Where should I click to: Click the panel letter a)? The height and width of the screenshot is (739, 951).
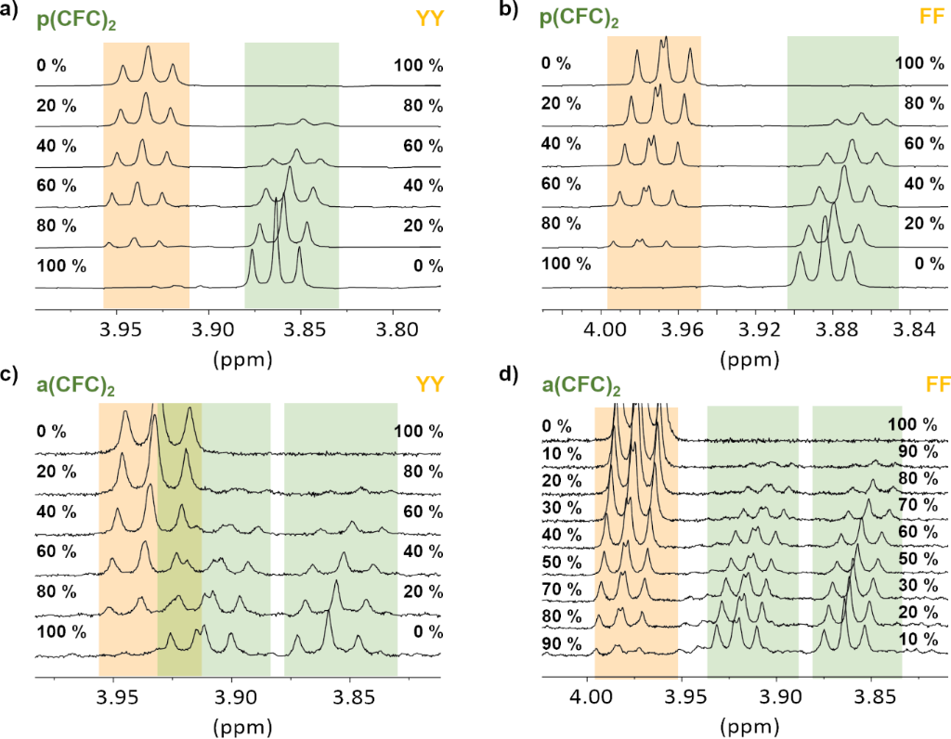14,12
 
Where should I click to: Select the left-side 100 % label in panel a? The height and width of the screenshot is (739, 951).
61,266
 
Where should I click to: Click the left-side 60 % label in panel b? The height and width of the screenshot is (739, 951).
567,183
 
